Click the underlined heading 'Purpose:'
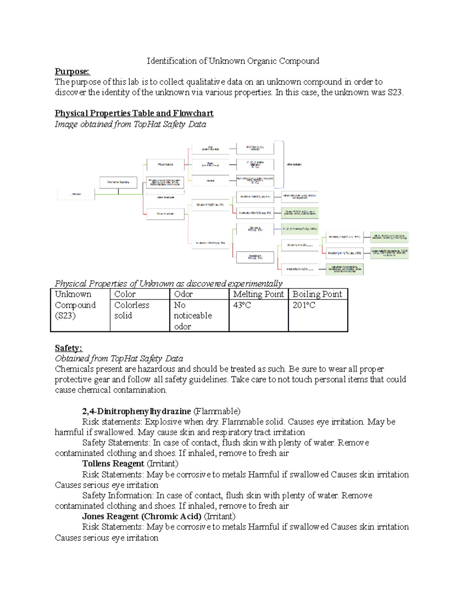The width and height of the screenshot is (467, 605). tap(72, 71)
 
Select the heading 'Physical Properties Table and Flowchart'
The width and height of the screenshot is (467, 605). tap(134, 113)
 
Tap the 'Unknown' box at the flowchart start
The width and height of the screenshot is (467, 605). tap(76, 194)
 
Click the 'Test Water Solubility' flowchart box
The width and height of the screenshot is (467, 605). tap(118, 182)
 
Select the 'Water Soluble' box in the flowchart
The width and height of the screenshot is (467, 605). tap(165, 164)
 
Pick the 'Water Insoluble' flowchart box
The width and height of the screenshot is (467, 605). tap(165, 213)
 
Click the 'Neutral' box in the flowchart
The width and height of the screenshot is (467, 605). tap(210, 180)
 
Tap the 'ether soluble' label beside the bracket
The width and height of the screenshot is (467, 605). tap(294, 164)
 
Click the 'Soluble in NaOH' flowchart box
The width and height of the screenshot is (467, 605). tap(210, 205)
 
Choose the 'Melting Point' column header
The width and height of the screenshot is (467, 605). tap(258, 294)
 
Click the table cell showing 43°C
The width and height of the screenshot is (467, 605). tap(242, 305)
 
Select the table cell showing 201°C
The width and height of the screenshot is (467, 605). tap(304, 305)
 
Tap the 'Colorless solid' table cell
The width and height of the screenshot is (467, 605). tap(132, 310)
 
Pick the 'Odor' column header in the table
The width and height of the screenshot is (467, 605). tap(183, 294)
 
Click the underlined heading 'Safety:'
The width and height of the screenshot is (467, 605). tap(68, 348)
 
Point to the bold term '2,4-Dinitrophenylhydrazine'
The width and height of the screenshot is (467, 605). tap(136, 411)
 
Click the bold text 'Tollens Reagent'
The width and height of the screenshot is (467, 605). tap(113, 464)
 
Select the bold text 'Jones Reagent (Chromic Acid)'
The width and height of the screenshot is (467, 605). tap(142, 516)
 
